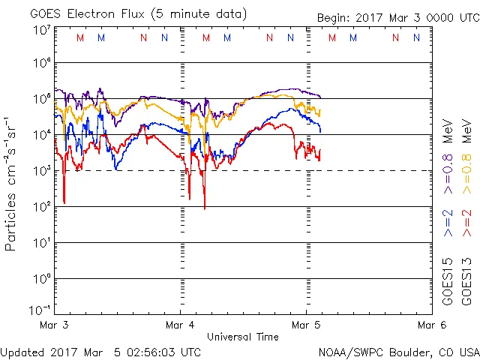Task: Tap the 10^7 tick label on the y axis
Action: pyautogui.click(x=41, y=30)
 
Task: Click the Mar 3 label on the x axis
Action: pyautogui.click(x=54, y=325)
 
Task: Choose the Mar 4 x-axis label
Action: pyautogui.click(x=180, y=325)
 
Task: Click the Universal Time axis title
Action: pyautogui.click(x=242, y=337)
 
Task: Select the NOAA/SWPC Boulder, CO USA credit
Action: pyautogui.click(x=398, y=351)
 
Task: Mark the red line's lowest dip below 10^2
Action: pyautogui.click(x=205, y=207)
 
